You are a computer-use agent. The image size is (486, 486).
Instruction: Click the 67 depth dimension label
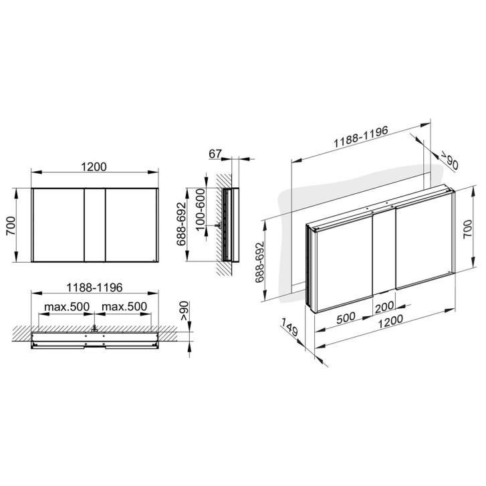pyautogui.click(x=215, y=154)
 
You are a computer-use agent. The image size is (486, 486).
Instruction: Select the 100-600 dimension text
pyautogui.click(x=201, y=209)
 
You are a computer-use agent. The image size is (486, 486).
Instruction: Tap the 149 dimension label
pyautogui.click(x=289, y=328)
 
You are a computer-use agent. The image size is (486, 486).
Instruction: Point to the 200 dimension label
pyautogui.click(x=384, y=308)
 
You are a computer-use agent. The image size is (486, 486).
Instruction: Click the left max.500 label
pyautogui.click(x=67, y=307)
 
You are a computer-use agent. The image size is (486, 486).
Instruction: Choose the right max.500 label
pyautogui.click(x=124, y=307)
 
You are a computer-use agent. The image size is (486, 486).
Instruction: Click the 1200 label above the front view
pyautogui.click(x=94, y=166)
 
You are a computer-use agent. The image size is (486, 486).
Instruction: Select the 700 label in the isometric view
pyautogui.click(x=467, y=229)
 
